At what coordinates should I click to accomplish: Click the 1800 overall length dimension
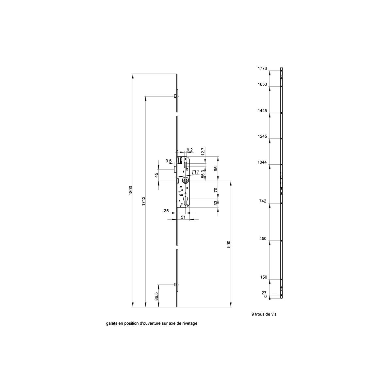(x=131, y=190)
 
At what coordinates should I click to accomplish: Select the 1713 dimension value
(x=144, y=201)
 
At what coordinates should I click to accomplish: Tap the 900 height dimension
(x=228, y=244)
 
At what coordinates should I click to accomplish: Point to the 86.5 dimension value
(x=156, y=296)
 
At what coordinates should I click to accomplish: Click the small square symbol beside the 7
(x=194, y=172)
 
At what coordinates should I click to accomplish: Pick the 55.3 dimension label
(x=203, y=174)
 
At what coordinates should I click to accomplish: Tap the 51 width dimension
(x=183, y=217)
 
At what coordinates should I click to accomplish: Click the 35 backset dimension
(x=166, y=211)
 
